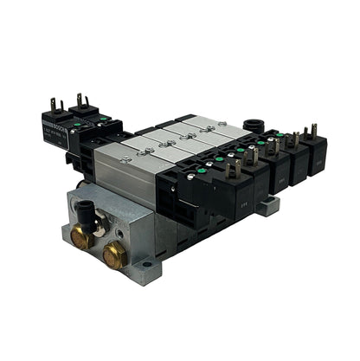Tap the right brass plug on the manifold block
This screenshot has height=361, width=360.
(112, 255)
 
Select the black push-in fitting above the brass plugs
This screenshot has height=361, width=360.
(88, 210)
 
